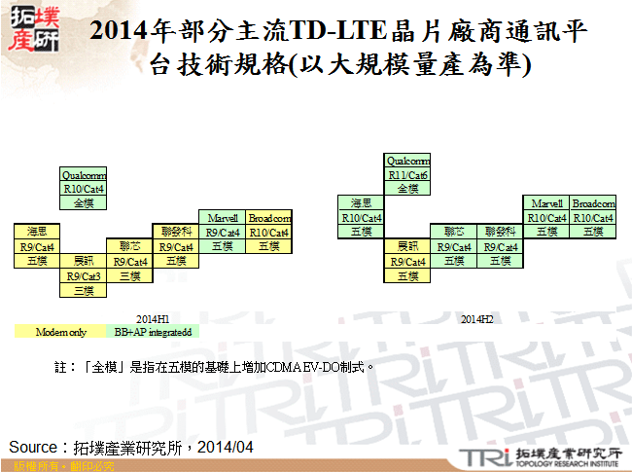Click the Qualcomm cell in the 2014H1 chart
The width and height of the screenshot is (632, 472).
[84, 175]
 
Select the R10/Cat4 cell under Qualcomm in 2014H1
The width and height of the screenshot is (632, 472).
[84, 189]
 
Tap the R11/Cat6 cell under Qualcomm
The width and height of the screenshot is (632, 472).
[407, 175]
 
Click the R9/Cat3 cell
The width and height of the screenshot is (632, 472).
[84, 275]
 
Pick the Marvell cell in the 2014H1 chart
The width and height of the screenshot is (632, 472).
[224, 218]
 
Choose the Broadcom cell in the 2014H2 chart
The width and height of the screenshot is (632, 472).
[593, 203]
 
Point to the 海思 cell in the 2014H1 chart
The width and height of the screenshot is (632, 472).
[37, 232]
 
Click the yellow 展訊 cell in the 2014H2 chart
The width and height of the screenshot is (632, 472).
[407, 247]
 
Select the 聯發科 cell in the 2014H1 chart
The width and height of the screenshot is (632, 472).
[176, 232]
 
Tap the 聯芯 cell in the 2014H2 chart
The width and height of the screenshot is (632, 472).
[454, 232]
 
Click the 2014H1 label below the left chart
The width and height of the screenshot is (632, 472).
[154, 319]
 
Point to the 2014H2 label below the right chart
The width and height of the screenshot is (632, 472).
[477, 319]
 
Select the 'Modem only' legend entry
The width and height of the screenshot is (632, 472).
[61, 333]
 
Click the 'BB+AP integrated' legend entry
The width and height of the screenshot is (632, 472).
[156, 333]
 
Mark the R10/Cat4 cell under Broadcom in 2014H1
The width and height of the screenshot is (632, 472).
[269, 232]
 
